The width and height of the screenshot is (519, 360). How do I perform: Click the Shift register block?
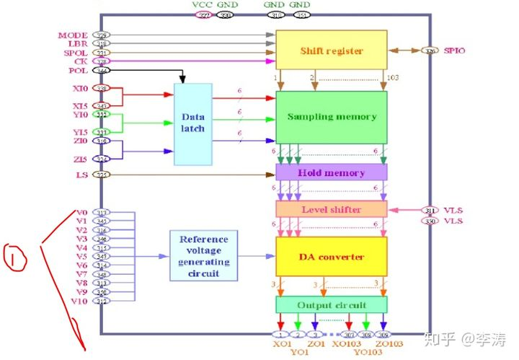[x=332, y=51]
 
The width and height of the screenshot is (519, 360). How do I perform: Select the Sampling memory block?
[x=332, y=116]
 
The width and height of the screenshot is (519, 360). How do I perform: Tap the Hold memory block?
[x=332, y=172]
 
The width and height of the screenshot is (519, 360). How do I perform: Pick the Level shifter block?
[x=332, y=209]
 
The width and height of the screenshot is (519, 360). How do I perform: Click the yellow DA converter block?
[x=332, y=257]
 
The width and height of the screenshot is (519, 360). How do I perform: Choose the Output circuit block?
[x=332, y=304]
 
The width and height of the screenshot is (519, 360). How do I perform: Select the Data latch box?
[x=192, y=123]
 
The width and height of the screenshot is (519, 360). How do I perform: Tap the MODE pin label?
[x=74, y=35]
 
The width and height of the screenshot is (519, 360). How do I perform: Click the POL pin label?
[x=78, y=71]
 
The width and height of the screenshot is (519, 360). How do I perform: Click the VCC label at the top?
[x=203, y=4]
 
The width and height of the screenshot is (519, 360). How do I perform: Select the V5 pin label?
[x=81, y=256]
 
